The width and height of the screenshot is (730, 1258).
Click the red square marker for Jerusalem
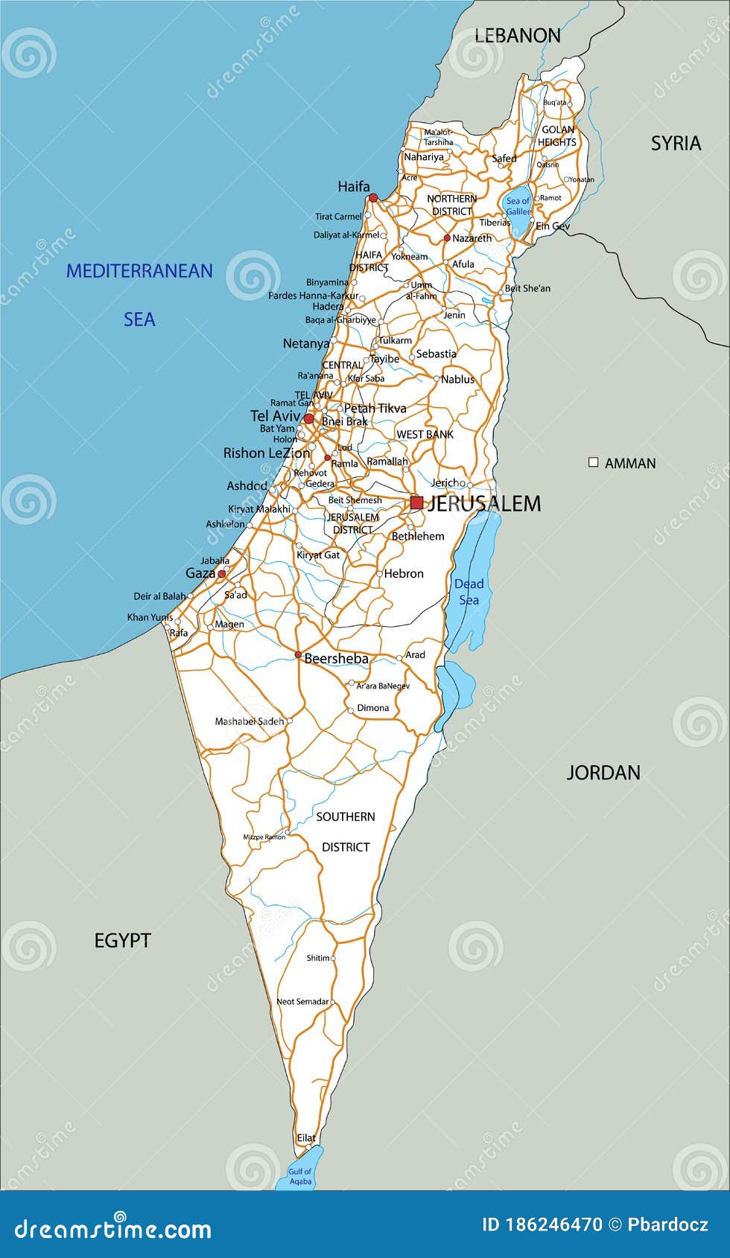[416, 503]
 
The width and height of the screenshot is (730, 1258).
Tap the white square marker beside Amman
[594, 462]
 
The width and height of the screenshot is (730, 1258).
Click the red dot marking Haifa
[373, 198]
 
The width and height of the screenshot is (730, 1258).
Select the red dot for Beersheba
[298, 655]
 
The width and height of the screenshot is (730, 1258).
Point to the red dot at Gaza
[221, 574]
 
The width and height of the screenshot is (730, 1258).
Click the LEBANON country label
[518, 35]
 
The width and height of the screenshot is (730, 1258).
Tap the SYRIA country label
[676, 143]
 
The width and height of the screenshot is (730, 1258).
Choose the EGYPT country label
[122, 940]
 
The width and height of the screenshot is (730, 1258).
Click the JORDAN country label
[603, 773]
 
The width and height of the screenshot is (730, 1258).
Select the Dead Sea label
[469, 592]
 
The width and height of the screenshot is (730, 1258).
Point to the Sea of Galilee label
[518, 206]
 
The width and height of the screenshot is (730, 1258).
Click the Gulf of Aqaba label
[300, 1176]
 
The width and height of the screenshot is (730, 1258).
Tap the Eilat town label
[306, 1137]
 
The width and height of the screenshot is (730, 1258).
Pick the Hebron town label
[404, 573]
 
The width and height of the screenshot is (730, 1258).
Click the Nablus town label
[457, 379]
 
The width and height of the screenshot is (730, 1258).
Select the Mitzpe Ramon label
[264, 837]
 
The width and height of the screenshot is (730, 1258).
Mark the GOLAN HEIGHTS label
[557, 135]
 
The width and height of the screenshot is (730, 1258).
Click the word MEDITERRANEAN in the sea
[139, 271]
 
